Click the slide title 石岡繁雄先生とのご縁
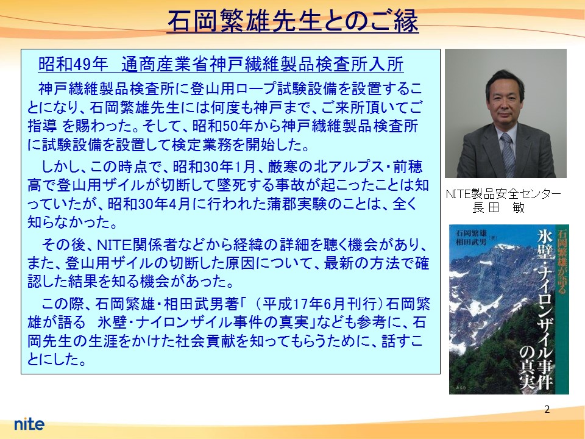(293, 21)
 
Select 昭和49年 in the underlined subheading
(73, 64)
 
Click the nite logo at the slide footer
(29, 424)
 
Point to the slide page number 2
(547, 410)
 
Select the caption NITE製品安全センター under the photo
(503, 194)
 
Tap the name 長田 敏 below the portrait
(498, 207)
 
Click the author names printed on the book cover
(471, 238)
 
